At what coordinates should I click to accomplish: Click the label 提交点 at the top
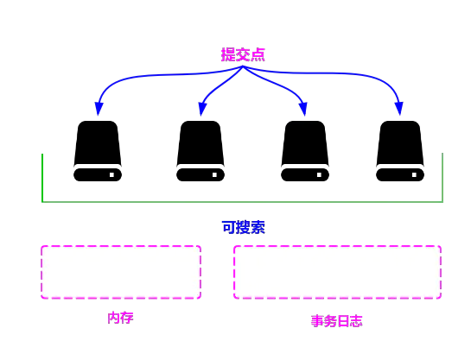243,54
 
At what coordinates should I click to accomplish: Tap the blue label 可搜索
244,227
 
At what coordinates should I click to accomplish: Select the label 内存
120,318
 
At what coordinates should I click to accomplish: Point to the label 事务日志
337,321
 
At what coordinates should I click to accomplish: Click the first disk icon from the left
98,151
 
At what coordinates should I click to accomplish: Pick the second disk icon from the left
200,151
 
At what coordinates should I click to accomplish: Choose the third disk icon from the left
305,151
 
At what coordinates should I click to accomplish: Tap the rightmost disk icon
400,151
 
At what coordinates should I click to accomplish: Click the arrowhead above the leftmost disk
99,108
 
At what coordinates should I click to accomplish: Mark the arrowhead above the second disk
202,109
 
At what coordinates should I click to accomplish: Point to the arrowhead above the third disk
303,109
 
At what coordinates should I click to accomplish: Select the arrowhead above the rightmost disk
399,108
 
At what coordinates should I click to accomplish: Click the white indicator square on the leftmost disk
111,175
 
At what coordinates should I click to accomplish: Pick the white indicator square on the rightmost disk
414,175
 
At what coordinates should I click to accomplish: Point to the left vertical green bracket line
42,178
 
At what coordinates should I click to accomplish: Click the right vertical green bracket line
442,178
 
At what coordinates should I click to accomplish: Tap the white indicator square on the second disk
214,175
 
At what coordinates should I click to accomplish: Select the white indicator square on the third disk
319,175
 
